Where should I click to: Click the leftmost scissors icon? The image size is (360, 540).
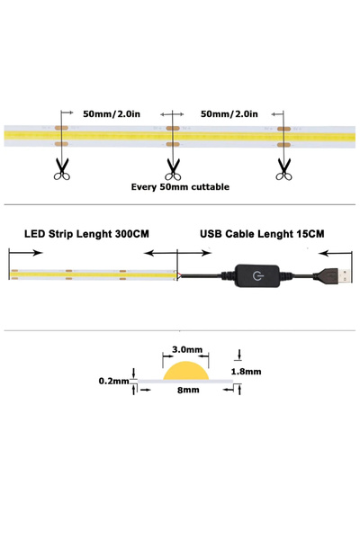tap(61, 167)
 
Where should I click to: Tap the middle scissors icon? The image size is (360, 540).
tap(173, 167)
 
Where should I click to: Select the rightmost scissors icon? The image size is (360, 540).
tap(284, 167)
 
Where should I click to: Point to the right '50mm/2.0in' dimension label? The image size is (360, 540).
tap(229, 114)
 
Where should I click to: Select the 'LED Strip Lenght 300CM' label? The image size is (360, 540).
tap(86, 234)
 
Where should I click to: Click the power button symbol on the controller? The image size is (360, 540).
tap(259, 274)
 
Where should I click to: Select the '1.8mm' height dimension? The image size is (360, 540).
tap(246, 371)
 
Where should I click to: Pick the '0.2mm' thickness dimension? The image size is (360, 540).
tap(114, 382)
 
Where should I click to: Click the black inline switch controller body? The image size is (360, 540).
tap(261, 274)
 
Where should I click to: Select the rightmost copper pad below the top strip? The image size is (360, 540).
tap(284, 143)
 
